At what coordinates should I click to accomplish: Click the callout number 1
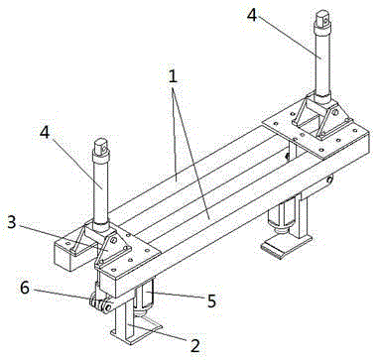(173, 76)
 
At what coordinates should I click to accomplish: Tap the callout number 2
(194, 346)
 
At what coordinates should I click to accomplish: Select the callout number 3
(12, 223)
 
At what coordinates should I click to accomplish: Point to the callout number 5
(210, 300)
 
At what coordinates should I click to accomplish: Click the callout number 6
(25, 288)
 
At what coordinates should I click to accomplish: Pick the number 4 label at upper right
(252, 15)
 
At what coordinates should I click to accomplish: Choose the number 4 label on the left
(45, 133)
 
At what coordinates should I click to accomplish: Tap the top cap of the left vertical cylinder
(101, 148)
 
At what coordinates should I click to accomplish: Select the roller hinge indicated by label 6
(100, 302)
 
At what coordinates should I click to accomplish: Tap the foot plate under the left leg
(136, 333)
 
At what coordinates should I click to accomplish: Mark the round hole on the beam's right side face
(329, 180)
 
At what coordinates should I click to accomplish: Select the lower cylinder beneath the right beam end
(282, 216)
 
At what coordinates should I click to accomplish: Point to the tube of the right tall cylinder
(322, 61)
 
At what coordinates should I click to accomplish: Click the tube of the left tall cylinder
(101, 190)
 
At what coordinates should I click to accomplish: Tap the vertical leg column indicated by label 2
(124, 317)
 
